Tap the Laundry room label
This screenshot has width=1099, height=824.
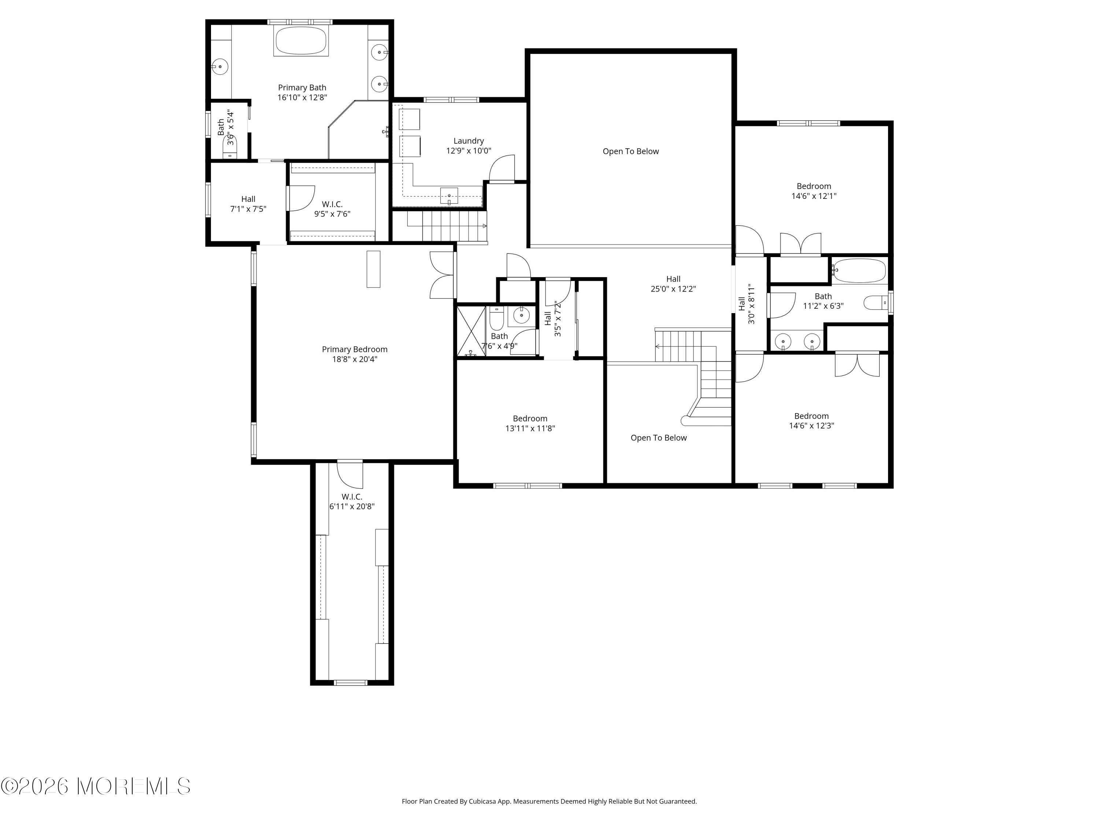(469, 141)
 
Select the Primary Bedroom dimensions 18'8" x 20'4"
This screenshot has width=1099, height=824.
(355, 359)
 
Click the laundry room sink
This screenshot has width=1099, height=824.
(449, 196)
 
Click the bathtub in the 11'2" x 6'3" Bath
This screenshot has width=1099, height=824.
(859, 271)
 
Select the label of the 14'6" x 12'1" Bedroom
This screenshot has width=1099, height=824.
(814, 186)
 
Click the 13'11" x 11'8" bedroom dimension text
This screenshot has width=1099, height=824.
(530, 428)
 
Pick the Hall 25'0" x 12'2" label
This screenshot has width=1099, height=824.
(673, 283)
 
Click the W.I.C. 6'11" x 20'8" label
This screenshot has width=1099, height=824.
(352, 502)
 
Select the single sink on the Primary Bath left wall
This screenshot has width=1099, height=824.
(219, 66)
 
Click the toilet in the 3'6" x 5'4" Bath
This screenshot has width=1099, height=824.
(230, 146)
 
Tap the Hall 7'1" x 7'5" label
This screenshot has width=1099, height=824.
(248, 204)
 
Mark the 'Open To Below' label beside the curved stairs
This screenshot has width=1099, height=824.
(658, 438)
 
